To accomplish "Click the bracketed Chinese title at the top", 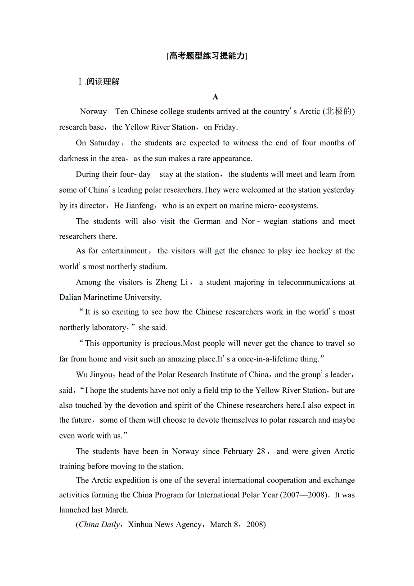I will click(207, 56).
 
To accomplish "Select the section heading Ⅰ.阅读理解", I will click(99, 81).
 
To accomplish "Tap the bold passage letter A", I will click(215, 97).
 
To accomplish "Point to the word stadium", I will click(153, 266).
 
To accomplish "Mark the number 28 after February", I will click(261, 451).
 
